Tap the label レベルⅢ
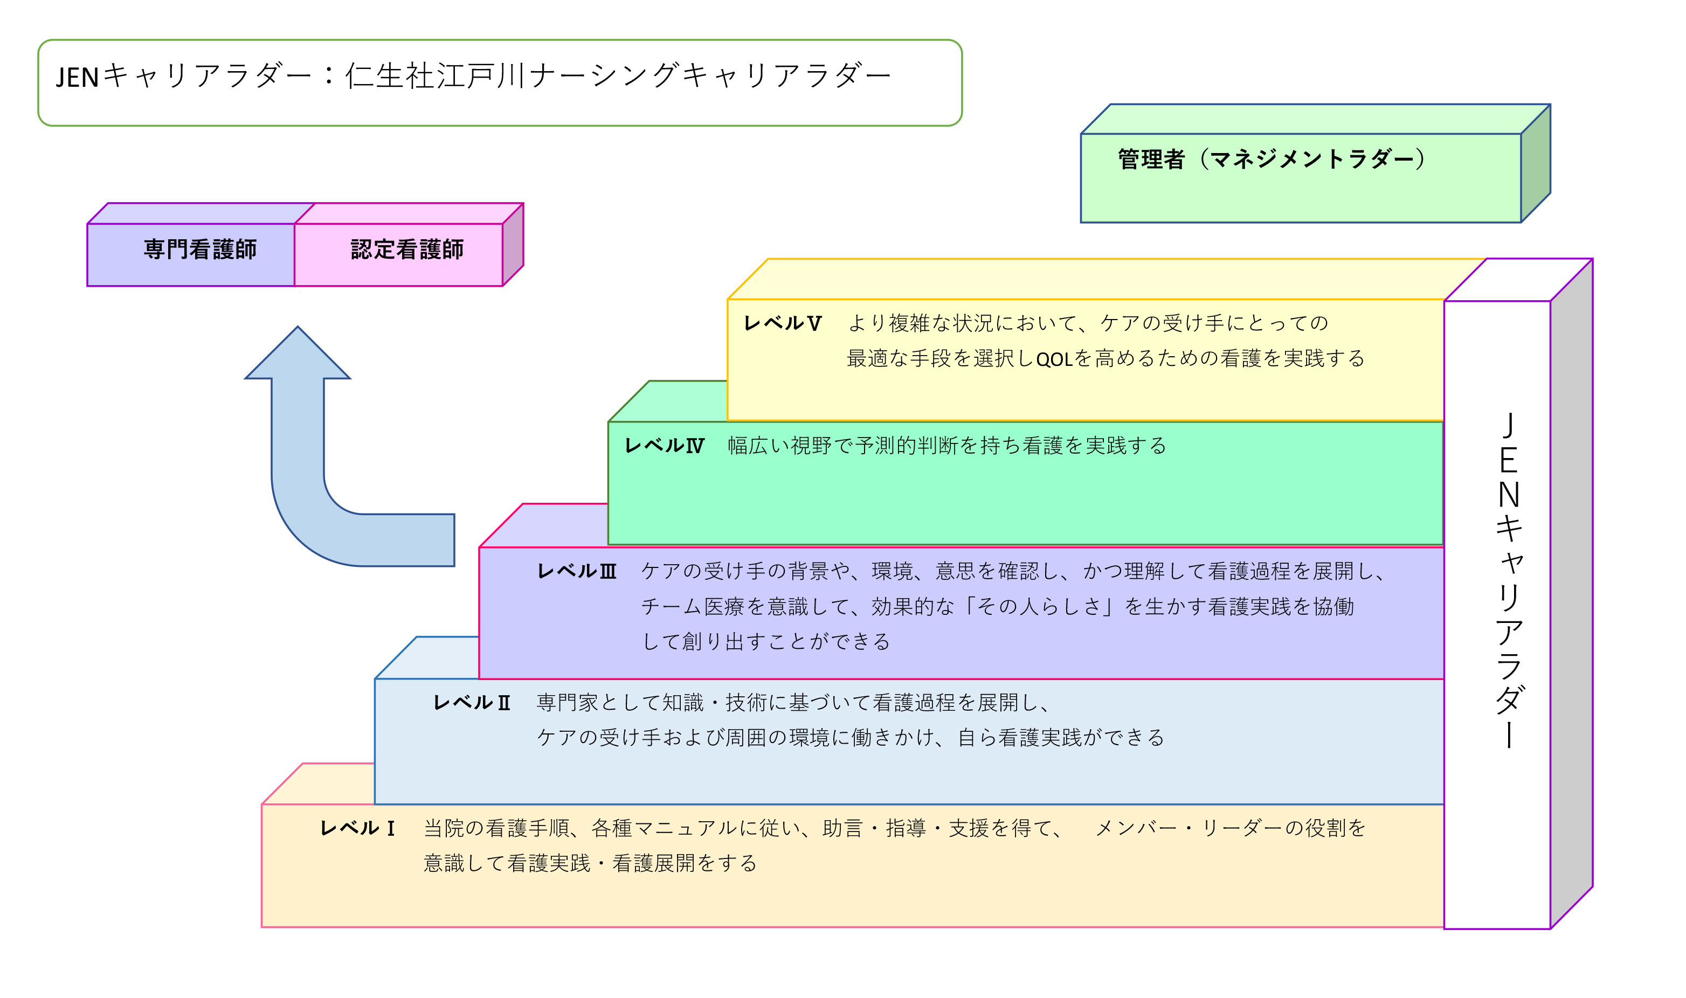coord(576,572)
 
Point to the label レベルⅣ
coord(664,445)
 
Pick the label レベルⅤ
coord(782,323)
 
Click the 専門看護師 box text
coord(200,249)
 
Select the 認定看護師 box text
coord(407,249)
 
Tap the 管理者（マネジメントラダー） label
coord(1271,160)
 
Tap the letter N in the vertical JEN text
coord(1509,496)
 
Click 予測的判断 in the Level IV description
coord(908,445)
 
